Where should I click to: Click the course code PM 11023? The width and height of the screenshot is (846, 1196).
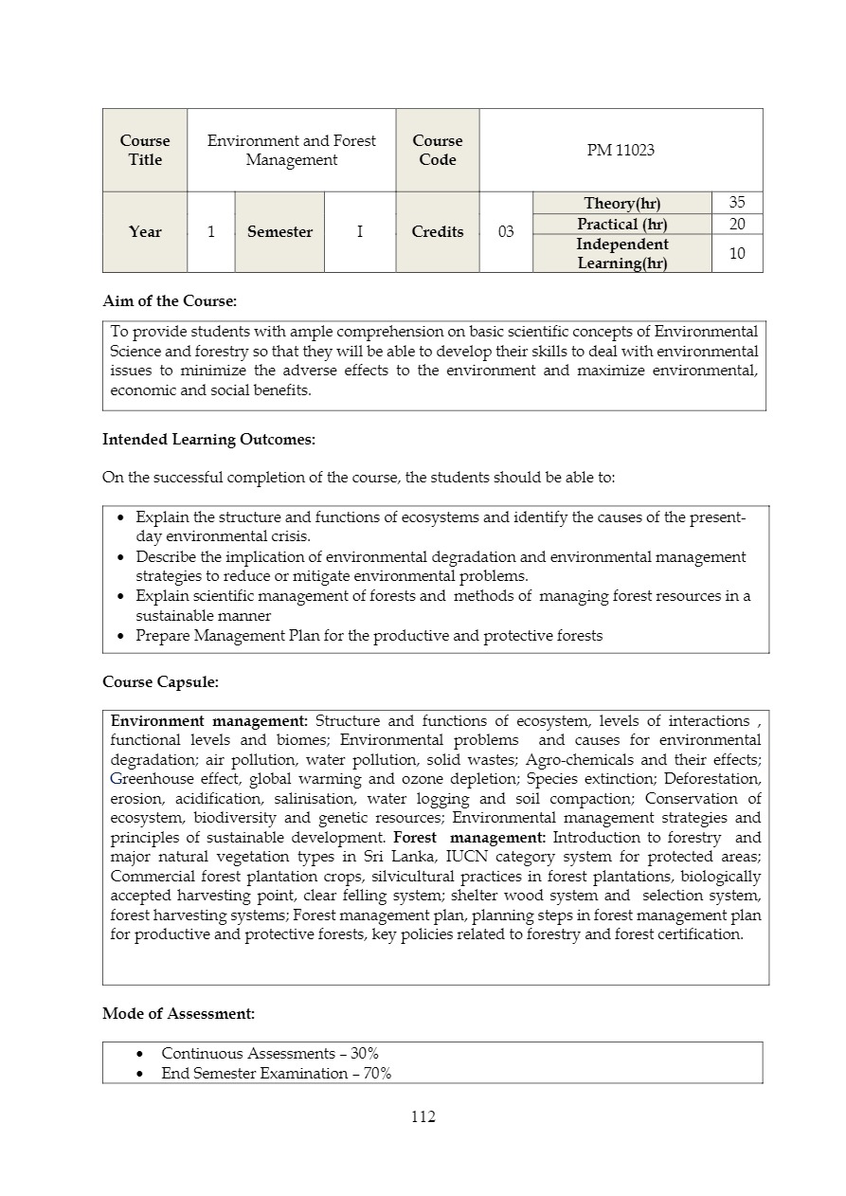pyautogui.click(x=621, y=150)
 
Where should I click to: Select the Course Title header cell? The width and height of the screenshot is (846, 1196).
pyautogui.click(x=145, y=150)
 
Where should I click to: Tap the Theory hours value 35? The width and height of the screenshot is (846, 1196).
pyautogui.click(x=737, y=203)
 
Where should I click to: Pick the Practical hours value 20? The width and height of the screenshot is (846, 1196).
pyautogui.click(x=737, y=224)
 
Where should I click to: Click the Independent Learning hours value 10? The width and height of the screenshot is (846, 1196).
pyautogui.click(x=737, y=253)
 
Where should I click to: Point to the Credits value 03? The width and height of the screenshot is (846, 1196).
pyautogui.click(x=506, y=232)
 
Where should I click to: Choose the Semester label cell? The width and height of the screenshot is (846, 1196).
pyautogui.click(x=279, y=232)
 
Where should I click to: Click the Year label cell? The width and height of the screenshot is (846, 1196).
pyautogui.click(x=145, y=232)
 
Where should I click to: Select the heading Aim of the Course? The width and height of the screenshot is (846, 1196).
pyautogui.click(x=170, y=301)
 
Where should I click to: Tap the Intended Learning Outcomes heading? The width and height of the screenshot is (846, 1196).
pyautogui.click(x=208, y=440)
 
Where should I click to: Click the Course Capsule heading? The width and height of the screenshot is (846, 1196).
pyautogui.click(x=160, y=682)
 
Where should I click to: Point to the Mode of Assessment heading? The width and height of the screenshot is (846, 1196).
pyautogui.click(x=178, y=1014)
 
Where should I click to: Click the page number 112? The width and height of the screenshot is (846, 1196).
pyautogui.click(x=423, y=1117)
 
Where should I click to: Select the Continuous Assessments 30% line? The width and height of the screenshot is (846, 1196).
pyautogui.click(x=270, y=1054)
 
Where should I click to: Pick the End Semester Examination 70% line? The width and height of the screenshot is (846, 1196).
pyautogui.click(x=276, y=1074)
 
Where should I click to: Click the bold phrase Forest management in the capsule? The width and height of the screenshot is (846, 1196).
pyautogui.click(x=469, y=838)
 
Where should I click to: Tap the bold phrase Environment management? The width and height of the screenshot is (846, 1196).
pyautogui.click(x=209, y=721)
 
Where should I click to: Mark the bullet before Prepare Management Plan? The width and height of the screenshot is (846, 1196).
pyautogui.click(x=120, y=636)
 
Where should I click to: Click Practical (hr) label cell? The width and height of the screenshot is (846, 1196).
pyautogui.click(x=621, y=224)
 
